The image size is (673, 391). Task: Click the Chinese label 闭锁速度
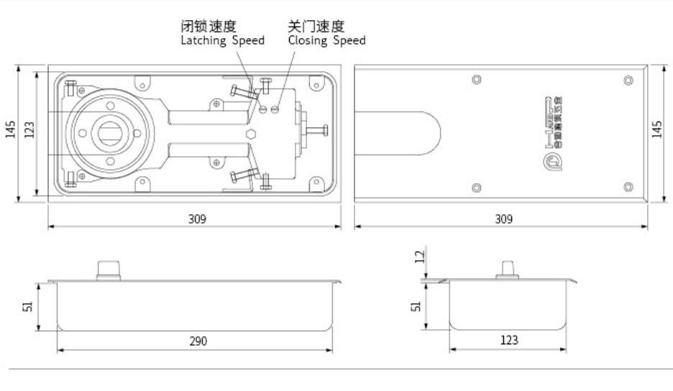[208, 27]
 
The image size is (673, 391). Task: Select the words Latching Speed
[221, 41]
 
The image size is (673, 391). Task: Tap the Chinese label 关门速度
[316, 27]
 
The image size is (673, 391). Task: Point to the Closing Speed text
[326, 41]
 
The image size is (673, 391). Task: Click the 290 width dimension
[198, 341]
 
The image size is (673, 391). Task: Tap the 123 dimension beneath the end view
[508, 341]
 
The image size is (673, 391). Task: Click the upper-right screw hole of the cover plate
[628, 80]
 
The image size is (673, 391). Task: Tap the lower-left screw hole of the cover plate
[475, 188]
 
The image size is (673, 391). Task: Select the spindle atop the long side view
[107, 269]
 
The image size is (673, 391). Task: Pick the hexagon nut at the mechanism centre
[249, 134]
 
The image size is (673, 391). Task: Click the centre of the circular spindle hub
[109, 133]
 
